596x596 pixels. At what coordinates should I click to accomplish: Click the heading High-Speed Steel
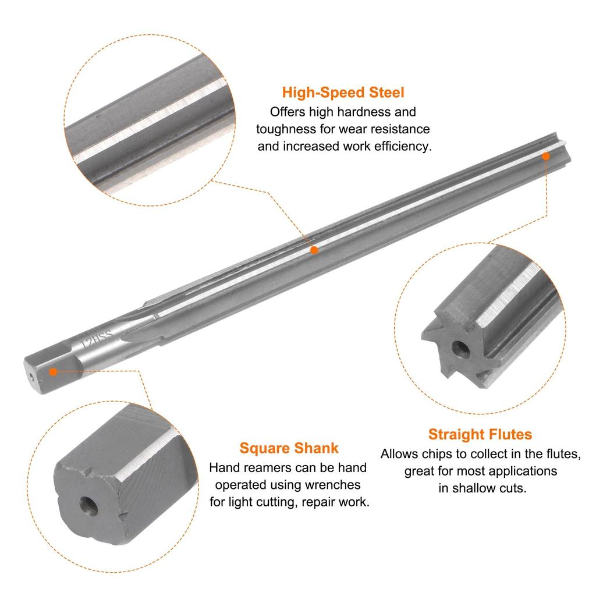[x=343, y=93]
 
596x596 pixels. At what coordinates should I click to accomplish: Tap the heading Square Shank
[x=289, y=448]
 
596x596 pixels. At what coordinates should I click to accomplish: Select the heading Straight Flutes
[x=480, y=434]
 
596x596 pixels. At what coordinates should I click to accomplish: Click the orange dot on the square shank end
[x=53, y=371]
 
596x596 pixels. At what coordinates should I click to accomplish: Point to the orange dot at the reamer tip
[x=546, y=156]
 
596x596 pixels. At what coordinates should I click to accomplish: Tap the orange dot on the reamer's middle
[x=314, y=250]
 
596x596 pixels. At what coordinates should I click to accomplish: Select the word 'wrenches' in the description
[x=334, y=484]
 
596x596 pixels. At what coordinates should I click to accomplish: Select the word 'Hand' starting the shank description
[x=223, y=467]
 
